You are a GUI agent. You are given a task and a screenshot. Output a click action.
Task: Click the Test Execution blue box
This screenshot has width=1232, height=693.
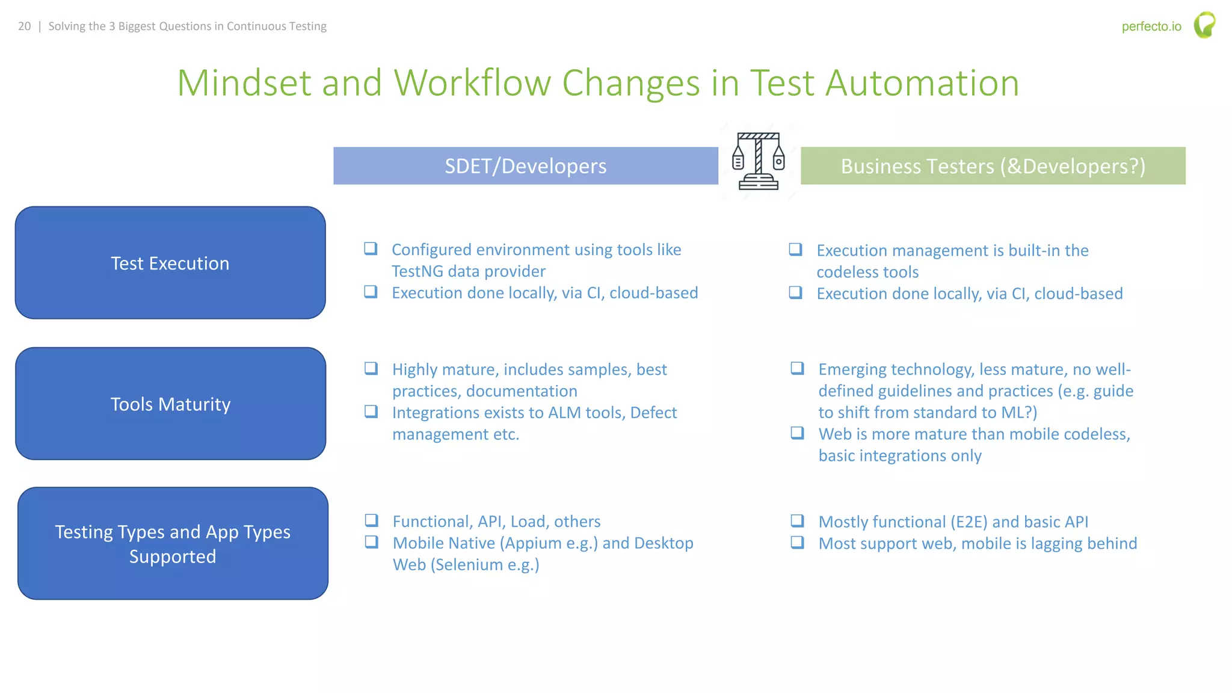tap(170, 263)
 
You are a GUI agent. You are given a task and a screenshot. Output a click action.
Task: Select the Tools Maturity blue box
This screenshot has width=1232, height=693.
tap(171, 404)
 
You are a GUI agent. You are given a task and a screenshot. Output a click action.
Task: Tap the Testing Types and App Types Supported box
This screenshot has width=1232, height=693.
tap(173, 543)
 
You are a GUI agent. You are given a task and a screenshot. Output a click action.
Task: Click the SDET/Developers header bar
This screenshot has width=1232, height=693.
tap(525, 166)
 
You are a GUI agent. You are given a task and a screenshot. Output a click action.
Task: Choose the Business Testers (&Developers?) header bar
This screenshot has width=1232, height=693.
tap(993, 166)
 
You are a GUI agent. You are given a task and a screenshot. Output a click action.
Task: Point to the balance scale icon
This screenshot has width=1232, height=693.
tap(759, 161)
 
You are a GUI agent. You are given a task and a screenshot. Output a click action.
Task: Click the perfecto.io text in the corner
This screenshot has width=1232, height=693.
tap(1151, 26)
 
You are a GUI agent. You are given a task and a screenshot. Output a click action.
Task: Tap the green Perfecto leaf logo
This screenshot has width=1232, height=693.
tap(1204, 25)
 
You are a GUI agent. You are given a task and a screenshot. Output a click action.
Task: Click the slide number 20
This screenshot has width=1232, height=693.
tap(24, 26)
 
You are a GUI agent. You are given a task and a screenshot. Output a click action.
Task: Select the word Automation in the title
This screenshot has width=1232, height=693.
tap(922, 83)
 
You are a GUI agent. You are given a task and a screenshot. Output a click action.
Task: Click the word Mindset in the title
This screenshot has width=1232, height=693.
tap(244, 83)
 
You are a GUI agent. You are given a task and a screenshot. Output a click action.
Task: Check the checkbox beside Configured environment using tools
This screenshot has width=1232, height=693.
tap(371, 248)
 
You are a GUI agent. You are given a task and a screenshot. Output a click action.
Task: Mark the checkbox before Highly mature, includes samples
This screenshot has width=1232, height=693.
tap(371, 368)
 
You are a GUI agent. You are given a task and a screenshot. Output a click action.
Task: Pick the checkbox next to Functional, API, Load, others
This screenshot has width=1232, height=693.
tap(372, 520)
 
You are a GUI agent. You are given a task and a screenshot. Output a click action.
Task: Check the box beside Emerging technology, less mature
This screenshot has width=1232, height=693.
tap(797, 368)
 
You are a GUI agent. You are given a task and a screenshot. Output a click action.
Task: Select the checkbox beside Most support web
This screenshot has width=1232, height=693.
tap(797, 543)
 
